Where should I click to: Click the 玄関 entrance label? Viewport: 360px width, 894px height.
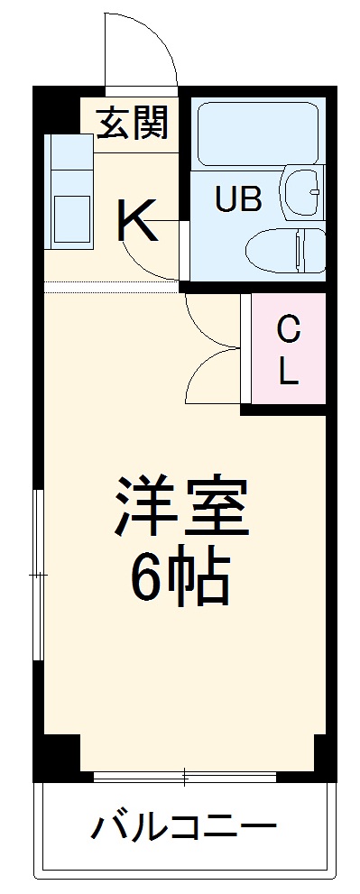(134, 124)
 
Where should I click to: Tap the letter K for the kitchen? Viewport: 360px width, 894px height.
(137, 221)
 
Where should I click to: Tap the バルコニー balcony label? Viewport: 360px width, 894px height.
(183, 825)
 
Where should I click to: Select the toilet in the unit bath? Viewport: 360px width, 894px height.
(285, 249)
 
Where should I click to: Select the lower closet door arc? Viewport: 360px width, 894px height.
(207, 379)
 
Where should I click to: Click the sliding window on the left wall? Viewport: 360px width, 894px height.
(38, 574)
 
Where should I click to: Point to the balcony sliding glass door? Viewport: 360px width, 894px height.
(184, 775)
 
